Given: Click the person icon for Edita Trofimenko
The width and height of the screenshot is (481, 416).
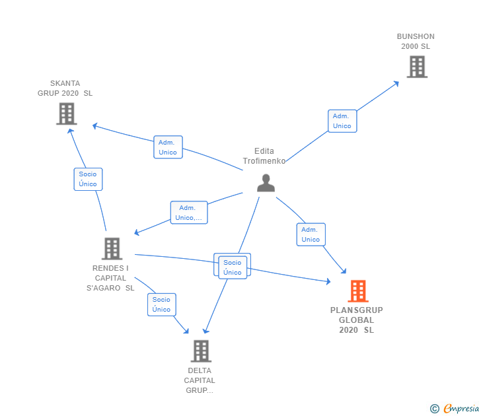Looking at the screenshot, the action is pos(266,183).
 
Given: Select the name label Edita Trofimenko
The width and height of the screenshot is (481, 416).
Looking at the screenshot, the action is pos(264,156).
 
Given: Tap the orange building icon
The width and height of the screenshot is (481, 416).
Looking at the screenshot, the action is pos(358,291).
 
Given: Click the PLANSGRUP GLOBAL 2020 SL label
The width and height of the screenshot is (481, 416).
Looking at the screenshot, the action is pos(357,320).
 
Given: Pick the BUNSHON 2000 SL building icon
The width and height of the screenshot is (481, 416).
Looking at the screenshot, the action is pos(417,67).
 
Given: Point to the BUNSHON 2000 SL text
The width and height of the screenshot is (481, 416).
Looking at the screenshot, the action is pos(416,42).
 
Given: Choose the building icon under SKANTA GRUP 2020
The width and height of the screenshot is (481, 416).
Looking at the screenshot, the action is pos(67,114).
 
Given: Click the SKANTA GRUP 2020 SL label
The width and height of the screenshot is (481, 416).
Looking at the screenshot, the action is pos(65,88).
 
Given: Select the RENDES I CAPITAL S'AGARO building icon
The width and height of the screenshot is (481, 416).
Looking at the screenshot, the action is pos(112,249).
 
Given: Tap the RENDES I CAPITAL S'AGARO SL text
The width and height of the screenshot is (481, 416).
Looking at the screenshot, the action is pos(110,278).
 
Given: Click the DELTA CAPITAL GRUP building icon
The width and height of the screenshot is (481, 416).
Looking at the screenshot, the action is pos(201,351).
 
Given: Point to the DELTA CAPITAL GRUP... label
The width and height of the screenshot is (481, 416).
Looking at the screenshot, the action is pos(200,380).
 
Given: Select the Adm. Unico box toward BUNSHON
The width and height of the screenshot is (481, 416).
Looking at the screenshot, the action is pos(342,121).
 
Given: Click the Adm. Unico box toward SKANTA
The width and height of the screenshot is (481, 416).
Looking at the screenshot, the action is pos(168,147).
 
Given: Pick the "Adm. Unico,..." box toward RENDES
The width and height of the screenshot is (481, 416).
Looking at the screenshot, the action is pos(189,213).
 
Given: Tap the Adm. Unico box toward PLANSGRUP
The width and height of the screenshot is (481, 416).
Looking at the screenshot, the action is pos(311,234).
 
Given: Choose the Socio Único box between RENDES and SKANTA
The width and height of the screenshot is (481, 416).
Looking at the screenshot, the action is pos(88,179).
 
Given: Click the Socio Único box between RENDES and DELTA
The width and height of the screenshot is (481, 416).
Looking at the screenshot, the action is pos(162,304).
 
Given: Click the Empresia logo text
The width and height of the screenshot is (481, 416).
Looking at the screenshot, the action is pos(461,409).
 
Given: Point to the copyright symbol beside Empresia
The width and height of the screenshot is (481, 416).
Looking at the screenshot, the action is pos(435,409).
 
